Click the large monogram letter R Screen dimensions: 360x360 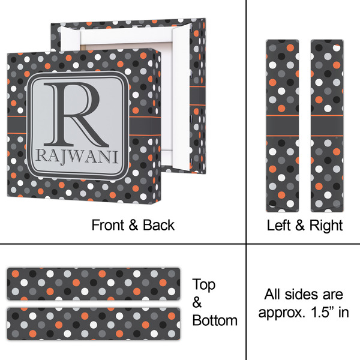pyautogui.click(x=76, y=115)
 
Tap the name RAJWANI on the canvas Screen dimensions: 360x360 pyautogui.click(x=77, y=157)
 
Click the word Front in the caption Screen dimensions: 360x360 pyautogui.click(x=107, y=225)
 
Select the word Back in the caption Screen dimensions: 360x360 pyautogui.click(x=158, y=225)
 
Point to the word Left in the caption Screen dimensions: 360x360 pyautogui.click(x=279, y=225)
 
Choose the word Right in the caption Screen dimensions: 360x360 pyautogui.click(x=326, y=226)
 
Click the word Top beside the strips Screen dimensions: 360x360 pyautogui.click(x=204, y=285)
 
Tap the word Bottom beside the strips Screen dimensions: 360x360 pyautogui.click(x=215, y=320)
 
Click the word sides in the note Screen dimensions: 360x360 pyautogui.click(x=301, y=294)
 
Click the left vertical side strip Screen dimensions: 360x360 pyautogui.click(x=283, y=126)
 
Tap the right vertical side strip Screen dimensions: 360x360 pyautogui.click(x=327, y=126)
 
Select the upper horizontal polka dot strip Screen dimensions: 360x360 pyautogui.click(x=94, y=284)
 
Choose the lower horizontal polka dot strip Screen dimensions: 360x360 pyautogui.click(x=94, y=324)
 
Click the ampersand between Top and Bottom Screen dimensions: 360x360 pyautogui.click(x=197, y=302)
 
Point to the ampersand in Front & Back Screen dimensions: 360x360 pyautogui.click(x=133, y=225)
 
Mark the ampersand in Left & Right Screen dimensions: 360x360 pyautogui.click(x=300, y=225)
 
